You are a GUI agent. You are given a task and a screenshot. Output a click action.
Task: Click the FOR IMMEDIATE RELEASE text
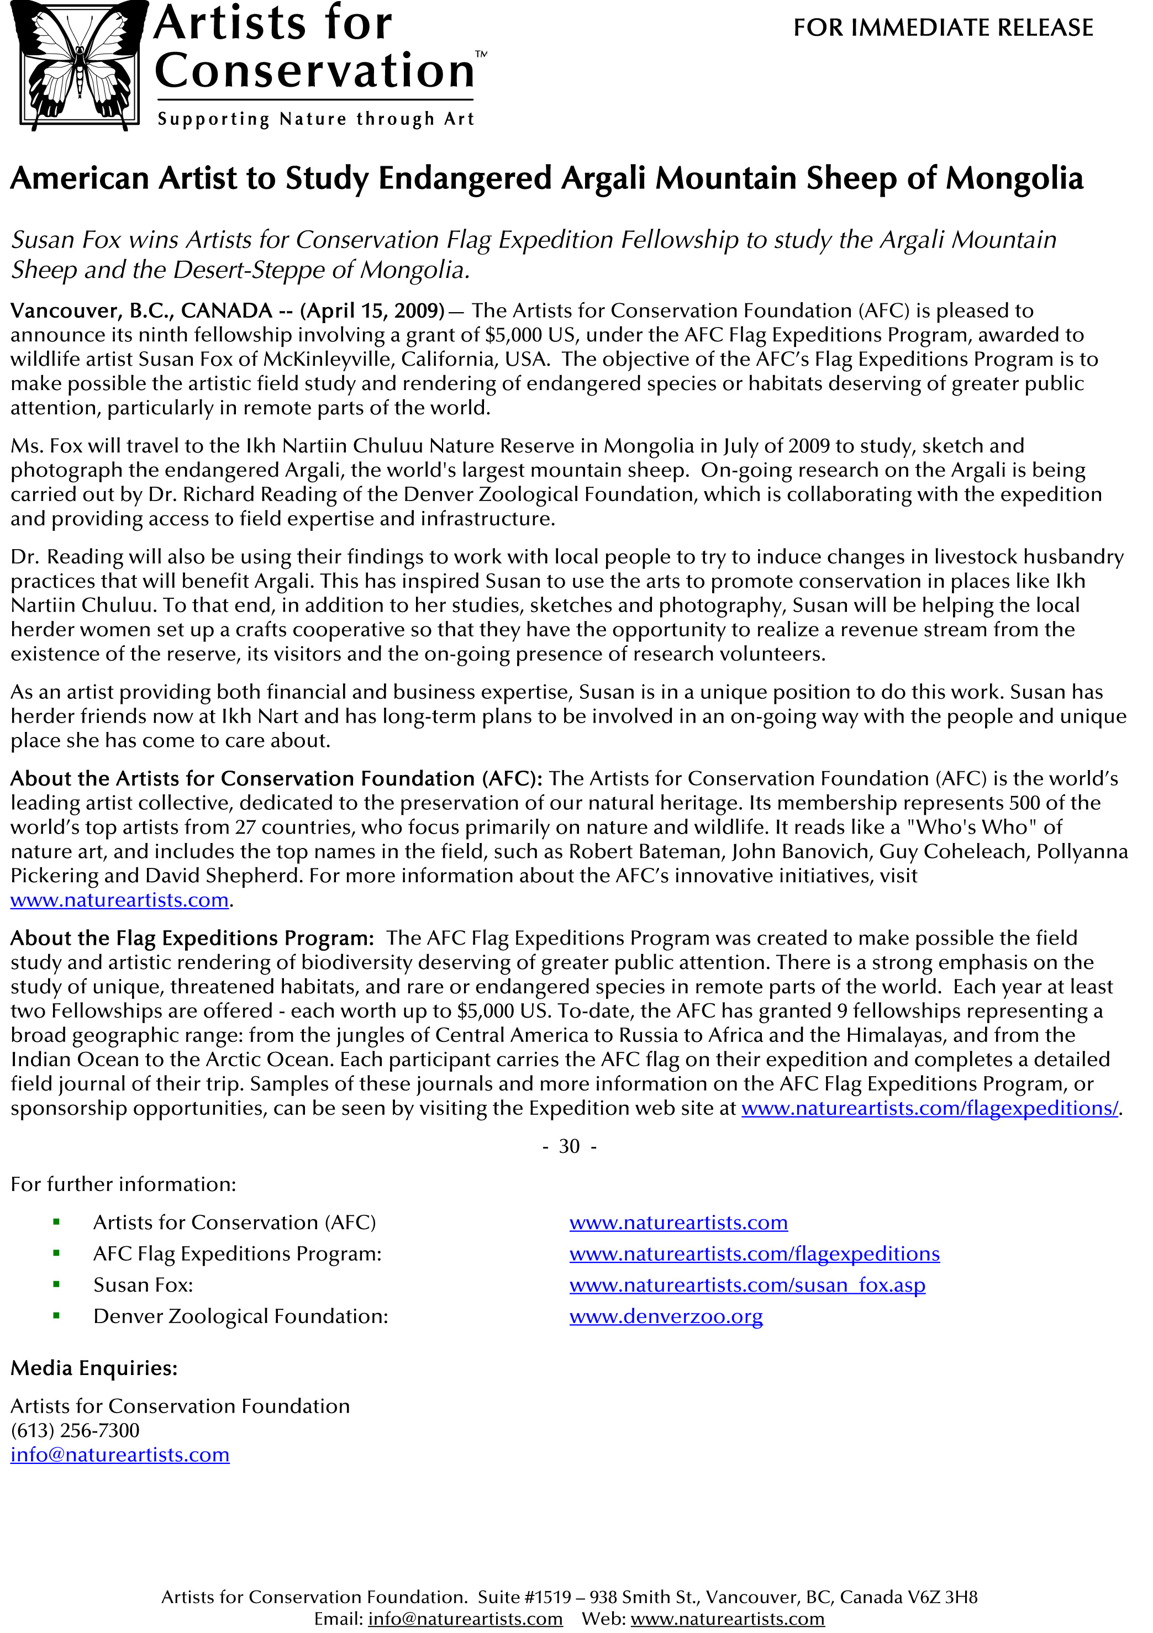943,28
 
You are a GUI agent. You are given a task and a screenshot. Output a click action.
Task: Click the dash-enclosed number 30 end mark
569,1146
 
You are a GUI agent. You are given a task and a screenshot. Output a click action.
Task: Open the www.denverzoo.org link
666,1316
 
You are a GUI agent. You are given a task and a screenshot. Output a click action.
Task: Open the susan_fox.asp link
747,1284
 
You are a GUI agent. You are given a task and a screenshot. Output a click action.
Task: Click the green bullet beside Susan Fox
56,1284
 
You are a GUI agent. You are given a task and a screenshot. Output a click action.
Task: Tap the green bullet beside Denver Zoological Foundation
56,1316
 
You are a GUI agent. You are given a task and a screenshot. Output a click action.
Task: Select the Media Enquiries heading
94,1368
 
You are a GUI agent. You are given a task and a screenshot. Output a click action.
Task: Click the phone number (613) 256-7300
75,1430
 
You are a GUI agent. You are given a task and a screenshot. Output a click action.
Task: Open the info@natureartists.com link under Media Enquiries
119,1455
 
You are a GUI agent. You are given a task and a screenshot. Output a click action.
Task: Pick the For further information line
123,1184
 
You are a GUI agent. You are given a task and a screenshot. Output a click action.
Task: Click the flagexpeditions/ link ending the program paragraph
930,1108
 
